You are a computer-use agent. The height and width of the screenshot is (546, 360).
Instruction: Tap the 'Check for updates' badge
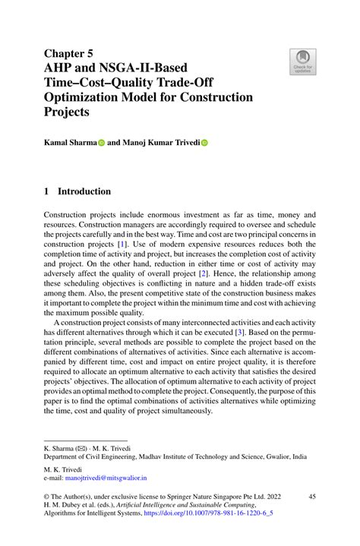tap(302, 60)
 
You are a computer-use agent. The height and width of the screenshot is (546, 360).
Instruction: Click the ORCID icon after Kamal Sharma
tap(100, 142)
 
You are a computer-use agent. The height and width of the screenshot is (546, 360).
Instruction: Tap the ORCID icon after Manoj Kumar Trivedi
tap(204, 142)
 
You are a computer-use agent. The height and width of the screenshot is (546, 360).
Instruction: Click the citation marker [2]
tap(224, 270)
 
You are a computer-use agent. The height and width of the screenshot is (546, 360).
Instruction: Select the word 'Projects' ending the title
tap(66, 112)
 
